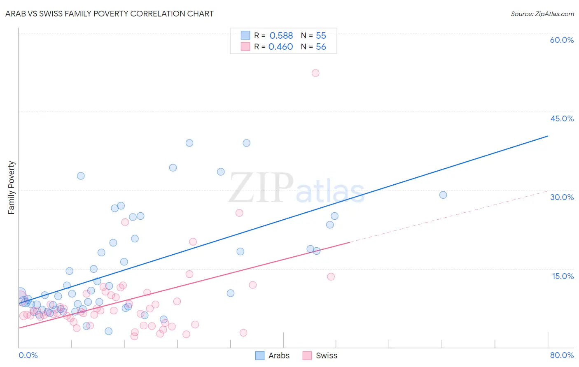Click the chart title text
click(x=109, y=14)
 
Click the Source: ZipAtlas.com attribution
click(x=542, y=14)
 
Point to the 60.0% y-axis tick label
click(x=562, y=40)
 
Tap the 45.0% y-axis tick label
click(x=562, y=118)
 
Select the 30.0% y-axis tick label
click(x=562, y=197)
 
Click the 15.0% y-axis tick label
click(x=563, y=276)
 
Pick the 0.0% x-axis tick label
click(x=28, y=355)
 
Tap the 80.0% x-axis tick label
click(x=562, y=355)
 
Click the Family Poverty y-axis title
click(x=12, y=188)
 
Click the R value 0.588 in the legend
click(x=281, y=36)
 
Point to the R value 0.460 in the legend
click(x=281, y=47)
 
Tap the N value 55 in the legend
click(x=321, y=36)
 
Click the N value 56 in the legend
click(x=321, y=47)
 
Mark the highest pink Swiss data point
click(x=315, y=73)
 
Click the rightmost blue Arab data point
click(x=443, y=195)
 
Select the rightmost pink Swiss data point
click(x=331, y=276)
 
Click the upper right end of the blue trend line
click(x=548, y=136)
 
